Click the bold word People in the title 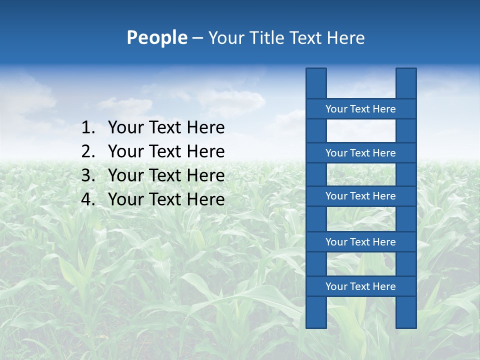pyautogui.click(x=156, y=37)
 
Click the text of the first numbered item pyautogui.click(x=166, y=128)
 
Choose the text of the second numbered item pyautogui.click(x=166, y=151)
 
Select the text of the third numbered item pyautogui.click(x=166, y=175)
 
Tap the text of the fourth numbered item pyautogui.click(x=166, y=199)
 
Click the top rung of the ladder pyautogui.click(x=360, y=109)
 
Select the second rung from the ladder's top pyautogui.click(x=360, y=153)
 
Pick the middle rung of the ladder pyautogui.click(x=360, y=196)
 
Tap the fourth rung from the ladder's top pyautogui.click(x=360, y=242)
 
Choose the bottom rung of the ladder pyautogui.click(x=360, y=286)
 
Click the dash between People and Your pyautogui.click(x=197, y=38)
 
